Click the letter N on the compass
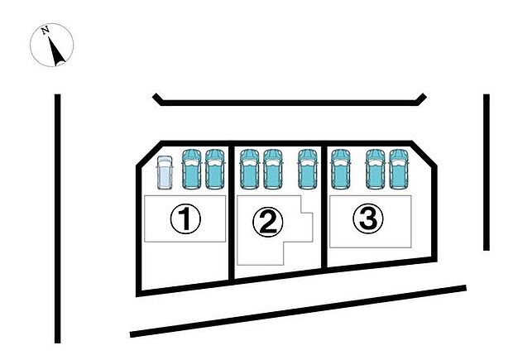coord(46,31)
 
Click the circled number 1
coord(185,218)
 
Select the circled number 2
coord(267,223)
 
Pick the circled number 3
coord(368,218)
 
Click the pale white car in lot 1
coord(165,173)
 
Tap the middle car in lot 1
coord(191,169)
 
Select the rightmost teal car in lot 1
coord(215,169)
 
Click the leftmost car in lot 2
coord(250,169)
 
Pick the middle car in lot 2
coord(273,169)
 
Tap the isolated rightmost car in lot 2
coord(308,169)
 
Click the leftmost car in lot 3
coord(341,169)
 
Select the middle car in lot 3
coord(376,169)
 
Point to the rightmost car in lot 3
coord(399,169)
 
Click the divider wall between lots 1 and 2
coord(232,213)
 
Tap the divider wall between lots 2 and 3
coord(324,205)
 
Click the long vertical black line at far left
coord(57,218)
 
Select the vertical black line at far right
coord(487,172)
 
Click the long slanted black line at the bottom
coord(298,311)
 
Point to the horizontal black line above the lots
coord(290,103)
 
